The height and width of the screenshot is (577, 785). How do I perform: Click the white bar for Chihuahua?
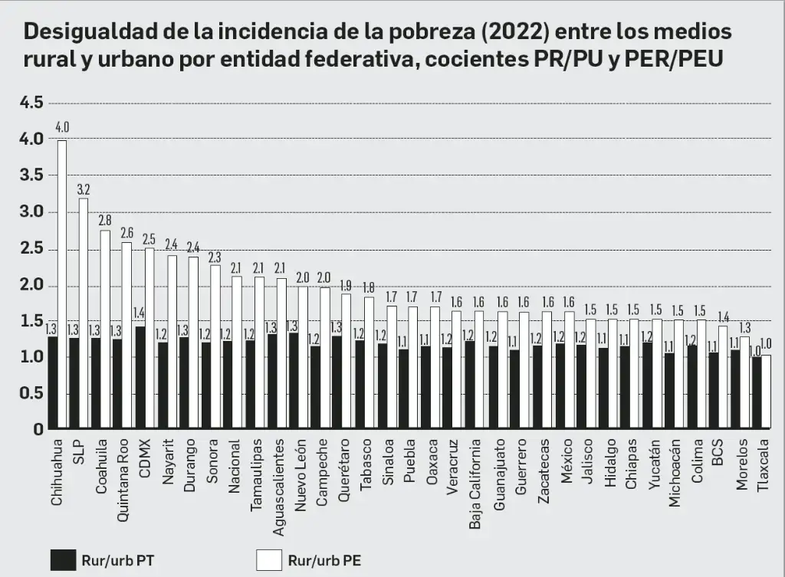click(62, 284)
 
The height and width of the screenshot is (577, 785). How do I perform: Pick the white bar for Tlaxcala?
click(765, 392)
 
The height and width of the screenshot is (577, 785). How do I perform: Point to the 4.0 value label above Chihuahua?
click(62, 127)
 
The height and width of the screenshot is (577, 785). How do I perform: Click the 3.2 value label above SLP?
click(84, 189)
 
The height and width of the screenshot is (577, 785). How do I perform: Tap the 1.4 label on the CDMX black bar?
click(140, 313)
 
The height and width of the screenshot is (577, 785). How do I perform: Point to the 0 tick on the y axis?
click(38, 430)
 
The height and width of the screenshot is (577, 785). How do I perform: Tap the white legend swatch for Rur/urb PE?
click(268, 560)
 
